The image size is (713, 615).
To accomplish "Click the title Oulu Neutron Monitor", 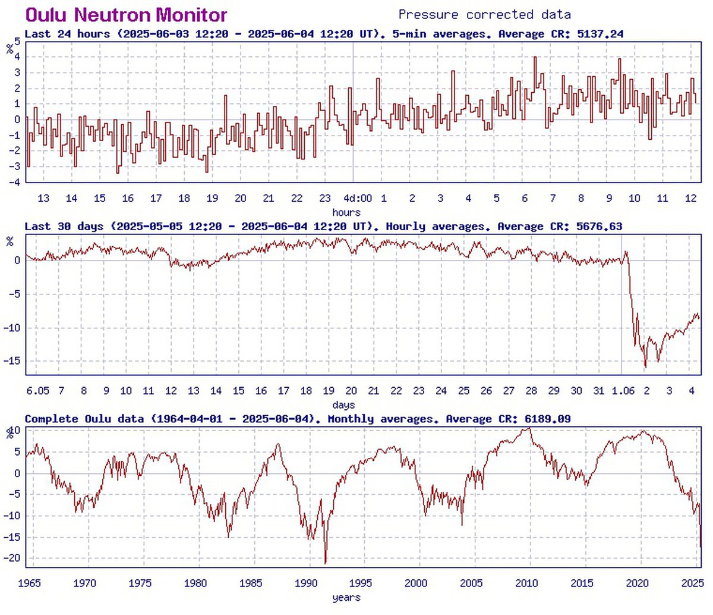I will click(x=126, y=14).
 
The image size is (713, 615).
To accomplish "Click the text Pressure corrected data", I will click(x=484, y=14).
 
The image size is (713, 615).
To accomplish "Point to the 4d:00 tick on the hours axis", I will click(x=358, y=199).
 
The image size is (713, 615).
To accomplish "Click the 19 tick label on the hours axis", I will click(x=212, y=199).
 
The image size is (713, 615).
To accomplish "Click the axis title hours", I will click(x=346, y=212).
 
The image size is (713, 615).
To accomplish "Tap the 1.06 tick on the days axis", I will click(x=623, y=391).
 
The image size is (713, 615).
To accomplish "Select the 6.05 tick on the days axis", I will click(x=37, y=391).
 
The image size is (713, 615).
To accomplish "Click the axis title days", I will click(x=343, y=405).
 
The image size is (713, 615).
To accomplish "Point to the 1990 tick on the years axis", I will click(x=307, y=583).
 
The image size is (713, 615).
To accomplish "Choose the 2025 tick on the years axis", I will click(x=692, y=583).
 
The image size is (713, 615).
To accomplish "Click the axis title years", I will click(x=346, y=597).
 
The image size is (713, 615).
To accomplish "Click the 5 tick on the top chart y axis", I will click(x=17, y=42).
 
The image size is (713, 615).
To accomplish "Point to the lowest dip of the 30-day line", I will click(x=645, y=367).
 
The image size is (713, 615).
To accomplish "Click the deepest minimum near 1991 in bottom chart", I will click(x=326, y=563).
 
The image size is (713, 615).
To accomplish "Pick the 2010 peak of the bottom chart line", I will click(x=528, y=428).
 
